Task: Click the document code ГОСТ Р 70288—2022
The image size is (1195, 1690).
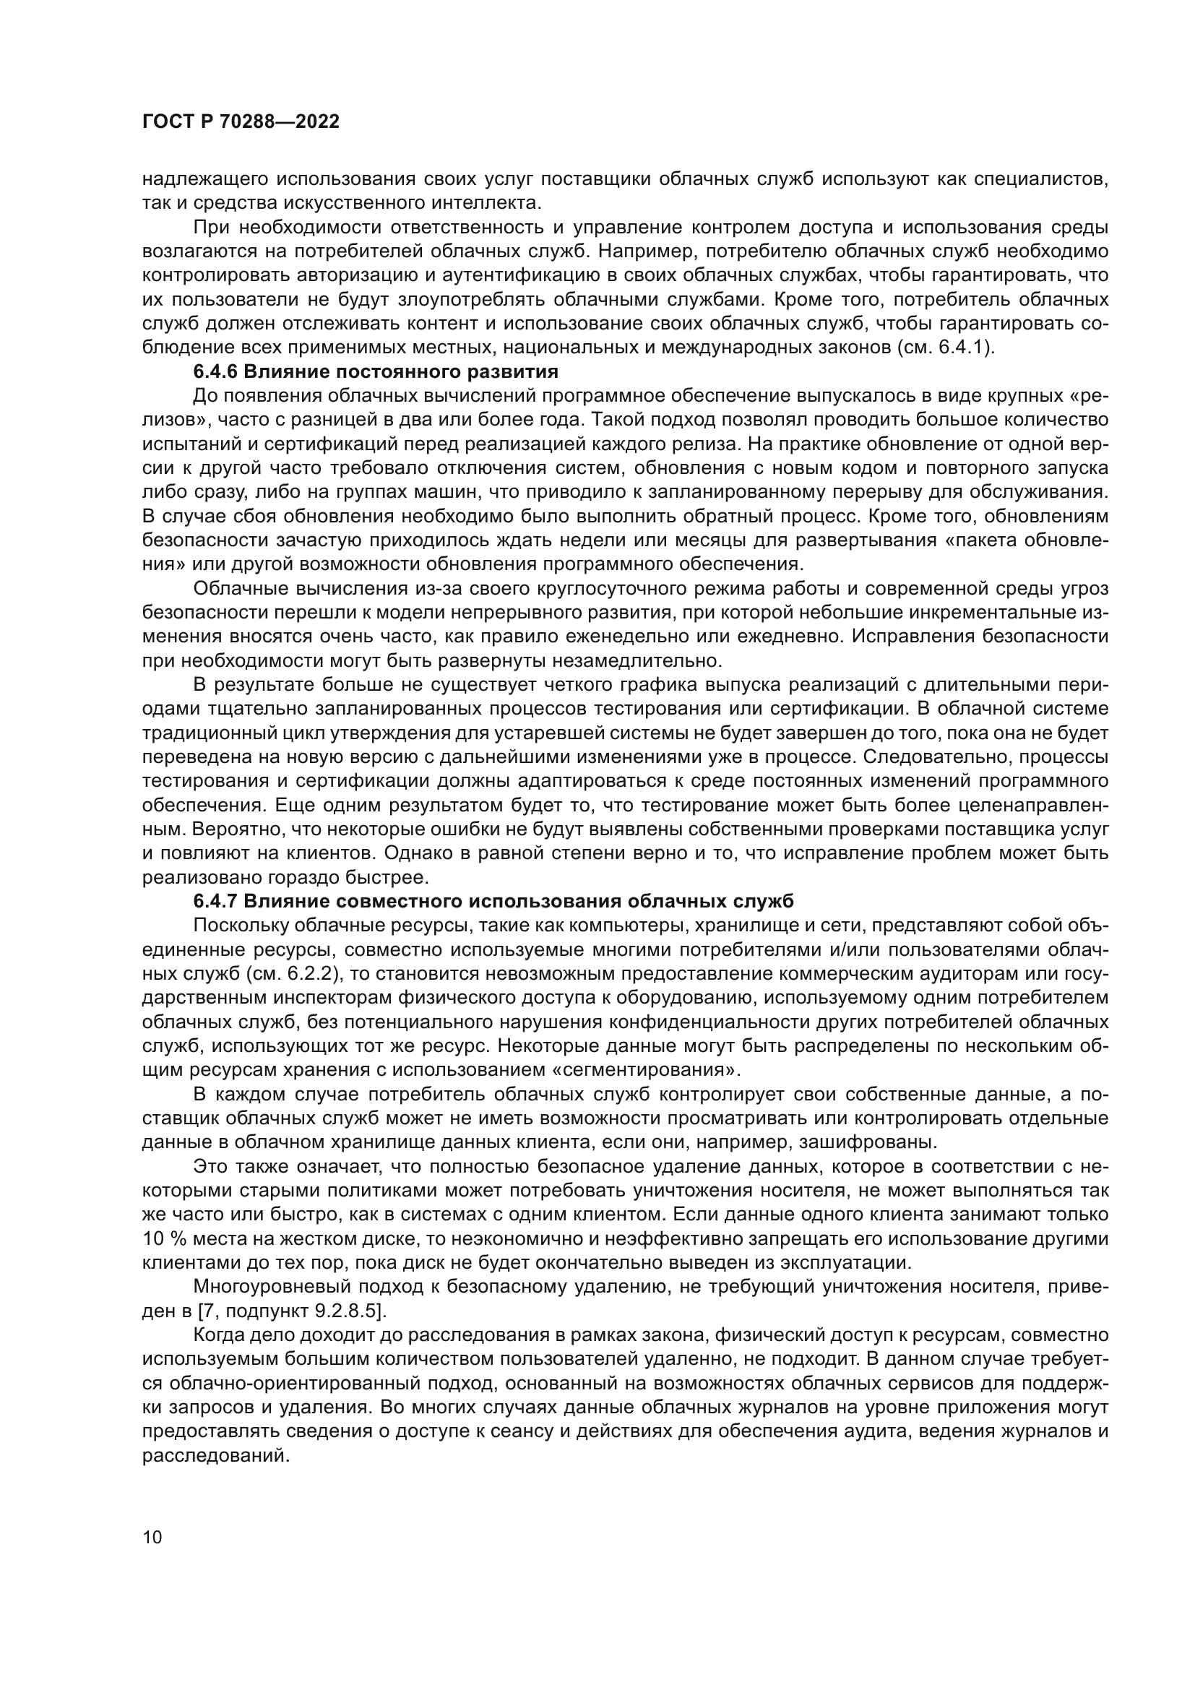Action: (x=241, y=122)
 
